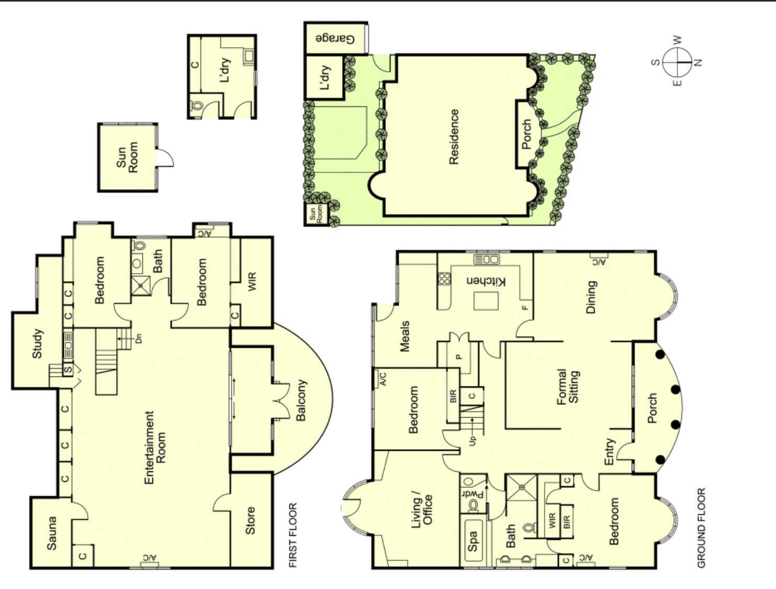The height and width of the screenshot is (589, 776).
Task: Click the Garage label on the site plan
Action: pyautogui.click(x=335, y=39)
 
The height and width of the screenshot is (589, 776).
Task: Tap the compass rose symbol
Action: pyautogui.click(x=677, y=62)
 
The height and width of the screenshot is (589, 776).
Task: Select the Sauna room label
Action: pyautogui.click(x=52, y=534)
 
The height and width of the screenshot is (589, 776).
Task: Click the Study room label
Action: pyautogui.click(x=37, y=343)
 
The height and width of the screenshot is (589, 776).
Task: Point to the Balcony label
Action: pyautogui.click(x=301, y=401)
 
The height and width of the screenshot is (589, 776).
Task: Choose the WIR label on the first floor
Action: pyautogui.click(x=252, y=282)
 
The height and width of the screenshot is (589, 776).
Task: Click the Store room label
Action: pyautogui.click(x=250, y=521)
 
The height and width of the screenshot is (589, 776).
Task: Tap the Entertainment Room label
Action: pyautogui.click(x=155, y=448)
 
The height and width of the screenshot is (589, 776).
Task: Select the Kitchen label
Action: pyautogui.click(x=486, y=282)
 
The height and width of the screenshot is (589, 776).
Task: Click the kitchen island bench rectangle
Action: pyautogui.click(x=486, y=301)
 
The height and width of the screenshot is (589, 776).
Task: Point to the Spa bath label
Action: pyautogui.click(x=473, y=541)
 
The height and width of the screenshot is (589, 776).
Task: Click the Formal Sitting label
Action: pyautogui.click(x=568, y=387)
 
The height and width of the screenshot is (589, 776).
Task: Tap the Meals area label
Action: pyautogui.click(x=404, y=336)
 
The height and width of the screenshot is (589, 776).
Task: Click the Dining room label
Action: pyautogui.click(x=591, y=297)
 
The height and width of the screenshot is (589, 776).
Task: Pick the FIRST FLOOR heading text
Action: pyautogui.click(x=293, y=535)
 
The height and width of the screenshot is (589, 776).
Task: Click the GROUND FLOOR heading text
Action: pyautogui.click(x=701, y=528)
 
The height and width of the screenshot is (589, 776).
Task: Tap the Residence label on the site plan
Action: pyautogui.click(x=454, y=137)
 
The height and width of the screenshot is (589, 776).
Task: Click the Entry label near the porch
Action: pyautogui.click(x=610, y=452)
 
